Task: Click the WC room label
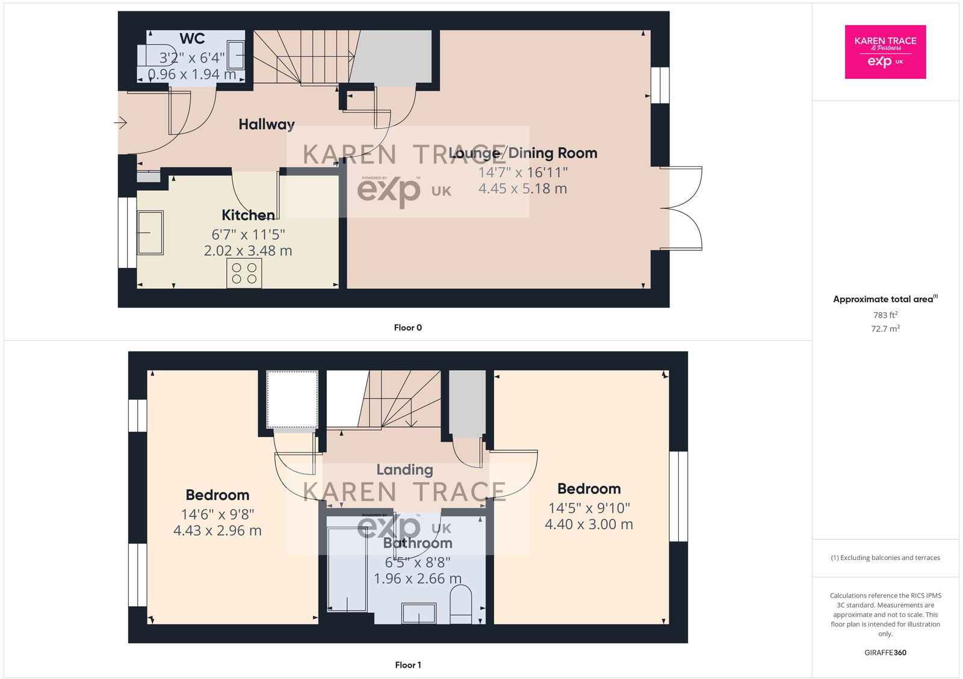click(x=192, y=39)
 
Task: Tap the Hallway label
click(x=267, y=125)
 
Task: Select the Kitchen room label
click(x=248, y=215)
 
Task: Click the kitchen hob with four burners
click(x=244, y=273)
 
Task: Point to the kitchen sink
click(x=150, y=232)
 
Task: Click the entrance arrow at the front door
click(x=120, y=123)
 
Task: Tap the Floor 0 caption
click(x=407, y=327)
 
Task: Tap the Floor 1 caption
click(x=407, y=665)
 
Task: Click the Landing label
click(x=404, y=470)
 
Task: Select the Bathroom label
click(x=418, y=543)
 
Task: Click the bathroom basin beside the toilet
click(x=419, y=613)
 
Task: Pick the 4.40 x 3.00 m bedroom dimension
click(x=589, y=524)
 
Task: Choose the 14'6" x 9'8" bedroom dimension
click(x=217, y=515)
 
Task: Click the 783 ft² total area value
click(x=885, y=315)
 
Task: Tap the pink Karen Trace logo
click(x=885, y=52)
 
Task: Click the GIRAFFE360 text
click(x=885, y=653)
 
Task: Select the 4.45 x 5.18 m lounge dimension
click(x=522, y=188)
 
